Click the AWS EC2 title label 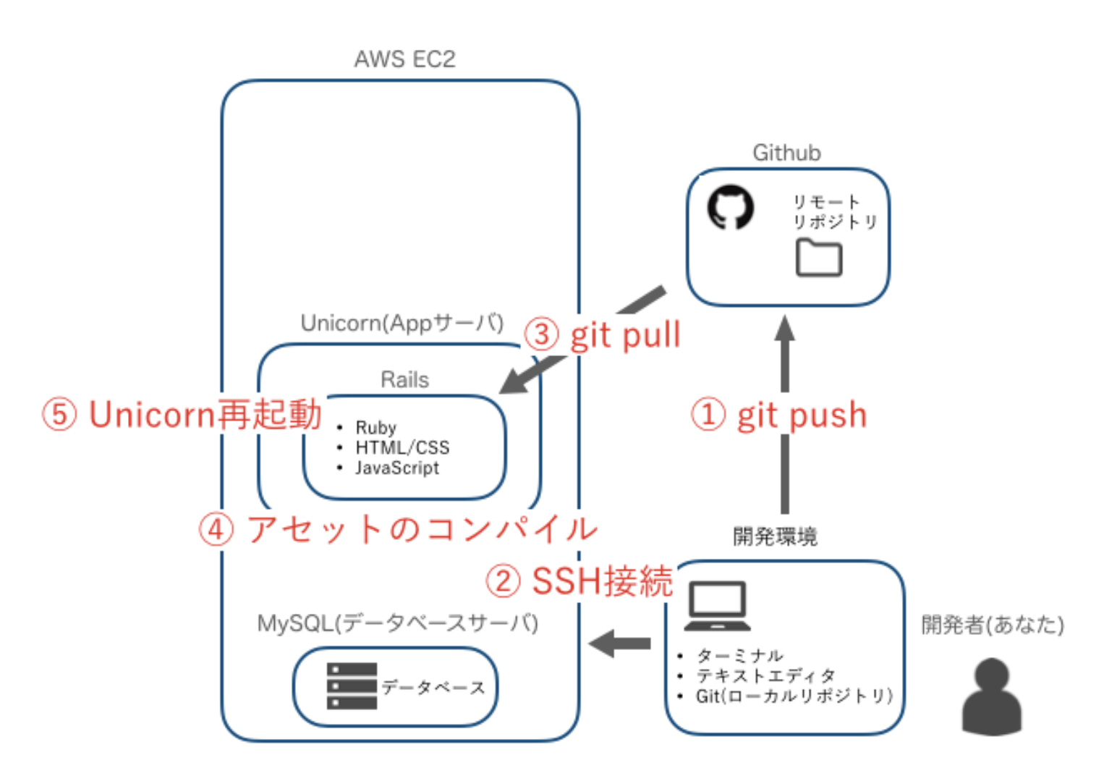[404, 59]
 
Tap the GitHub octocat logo [730, 207]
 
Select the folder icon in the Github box [818, 258]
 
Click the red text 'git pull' [625, 335]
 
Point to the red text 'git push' [802, 416]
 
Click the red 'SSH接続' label [602, 581]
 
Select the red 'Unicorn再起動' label [205, 415]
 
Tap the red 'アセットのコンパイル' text [422, 529]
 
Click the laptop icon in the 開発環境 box [717, 607]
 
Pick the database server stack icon [352, 686]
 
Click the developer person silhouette [991, 696]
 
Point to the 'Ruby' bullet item [375, 427]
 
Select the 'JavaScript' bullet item [396, 468]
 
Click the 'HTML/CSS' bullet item [402, 447]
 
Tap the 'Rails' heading [404, 379]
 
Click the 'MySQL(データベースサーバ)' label [397, 623]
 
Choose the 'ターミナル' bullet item [739, 656]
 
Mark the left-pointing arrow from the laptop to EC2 [620, 643]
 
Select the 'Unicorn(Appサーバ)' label [402, 323]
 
